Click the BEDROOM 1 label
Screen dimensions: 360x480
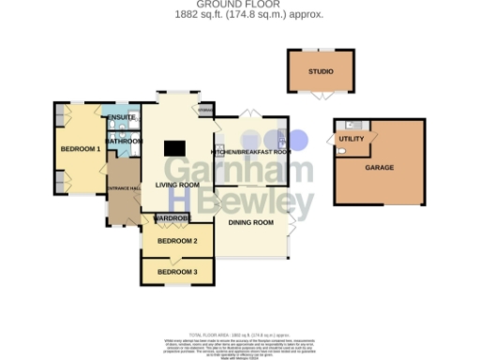[80, 149]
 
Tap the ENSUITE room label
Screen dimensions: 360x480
[122, 117]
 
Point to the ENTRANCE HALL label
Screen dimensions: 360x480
[123, 188]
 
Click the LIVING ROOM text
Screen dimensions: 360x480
[177, 186]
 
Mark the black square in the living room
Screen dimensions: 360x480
[174, 148]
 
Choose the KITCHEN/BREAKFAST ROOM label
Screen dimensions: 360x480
[250, 151]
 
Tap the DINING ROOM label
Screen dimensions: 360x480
[250, 222]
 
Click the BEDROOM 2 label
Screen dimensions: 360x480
[177, 241]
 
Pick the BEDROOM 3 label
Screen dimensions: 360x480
[177, 272]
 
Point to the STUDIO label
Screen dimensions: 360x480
[321, 71]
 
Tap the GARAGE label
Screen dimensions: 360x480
[379, 168]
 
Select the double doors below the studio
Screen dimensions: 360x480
[321, 95]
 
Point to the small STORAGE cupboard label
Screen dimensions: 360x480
[204, 110]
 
